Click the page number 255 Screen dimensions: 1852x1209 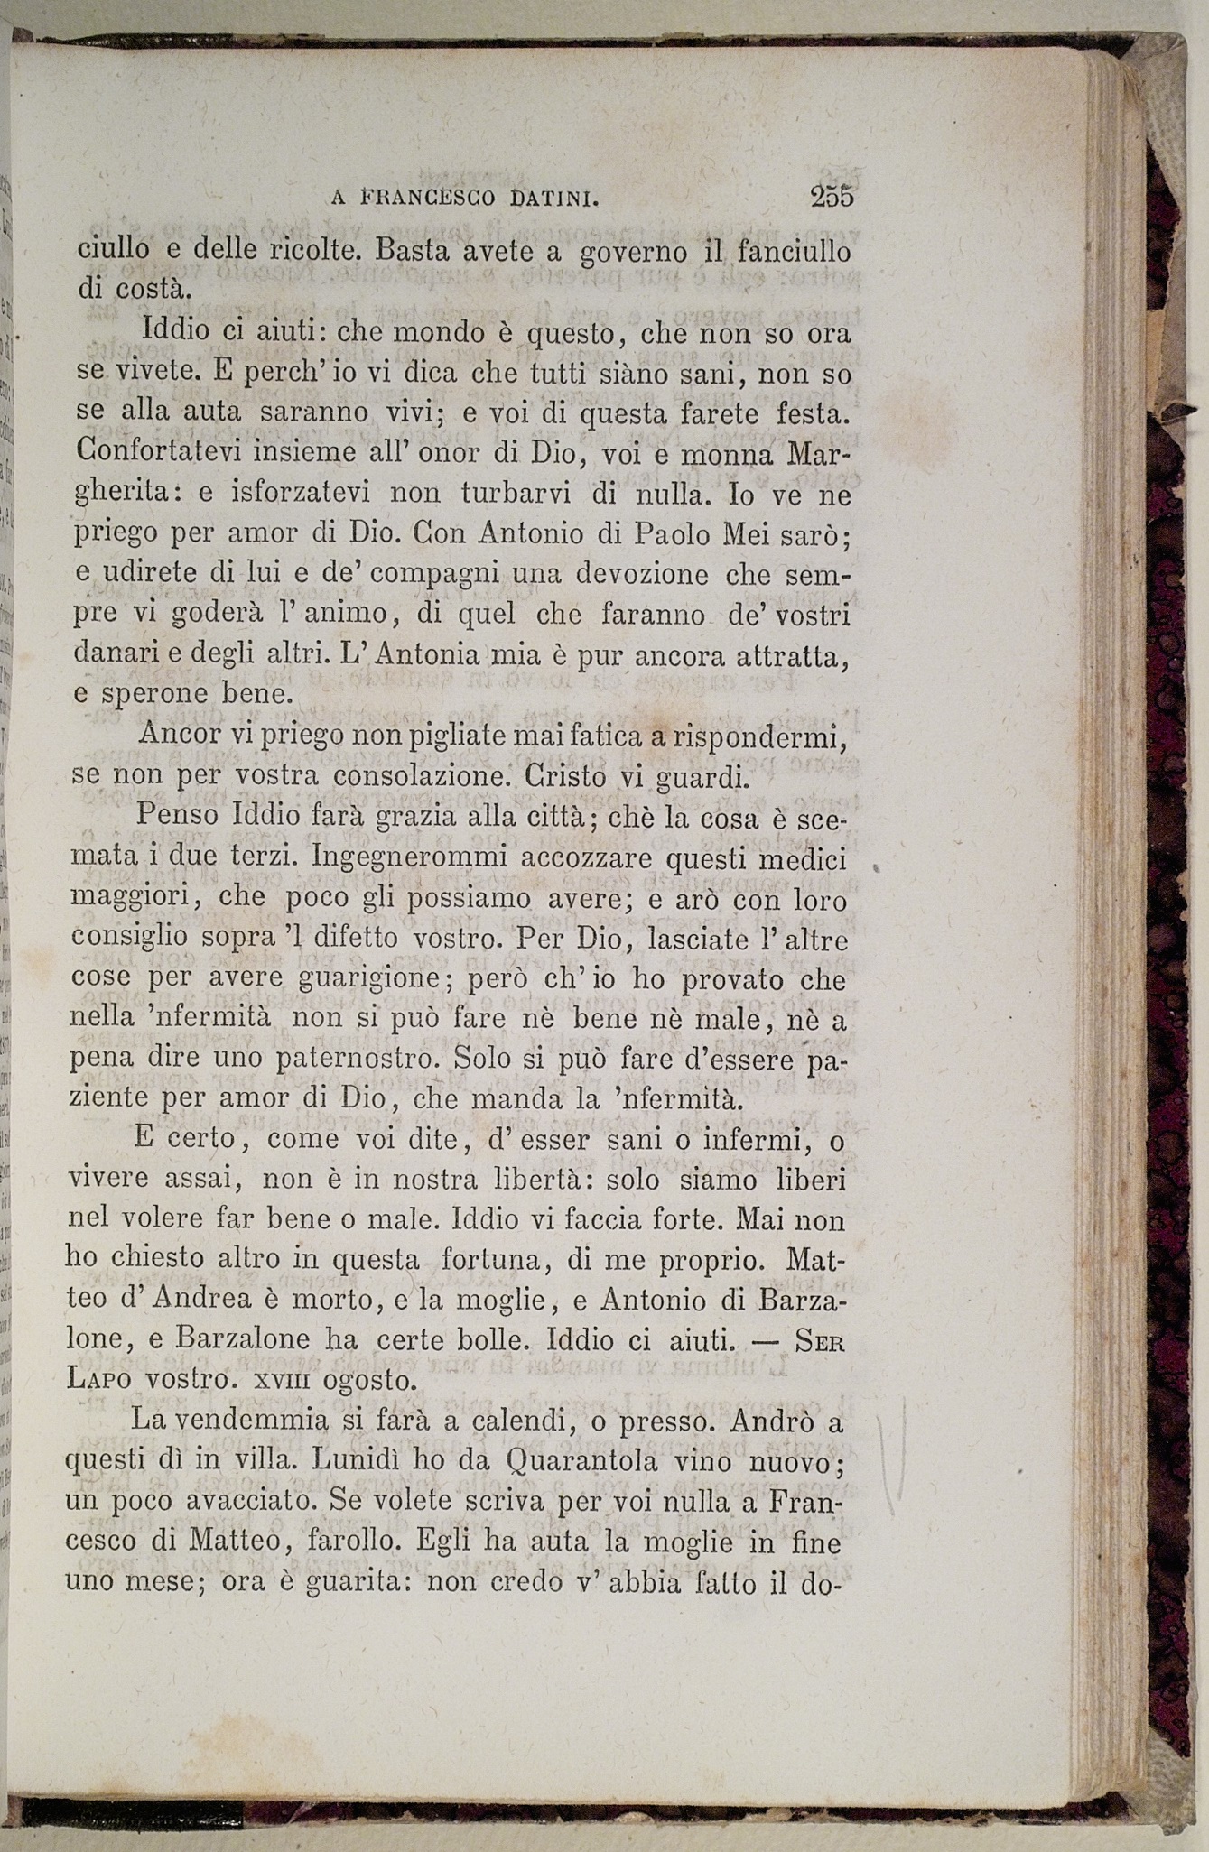pyautogui.click(x=832, y=196)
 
